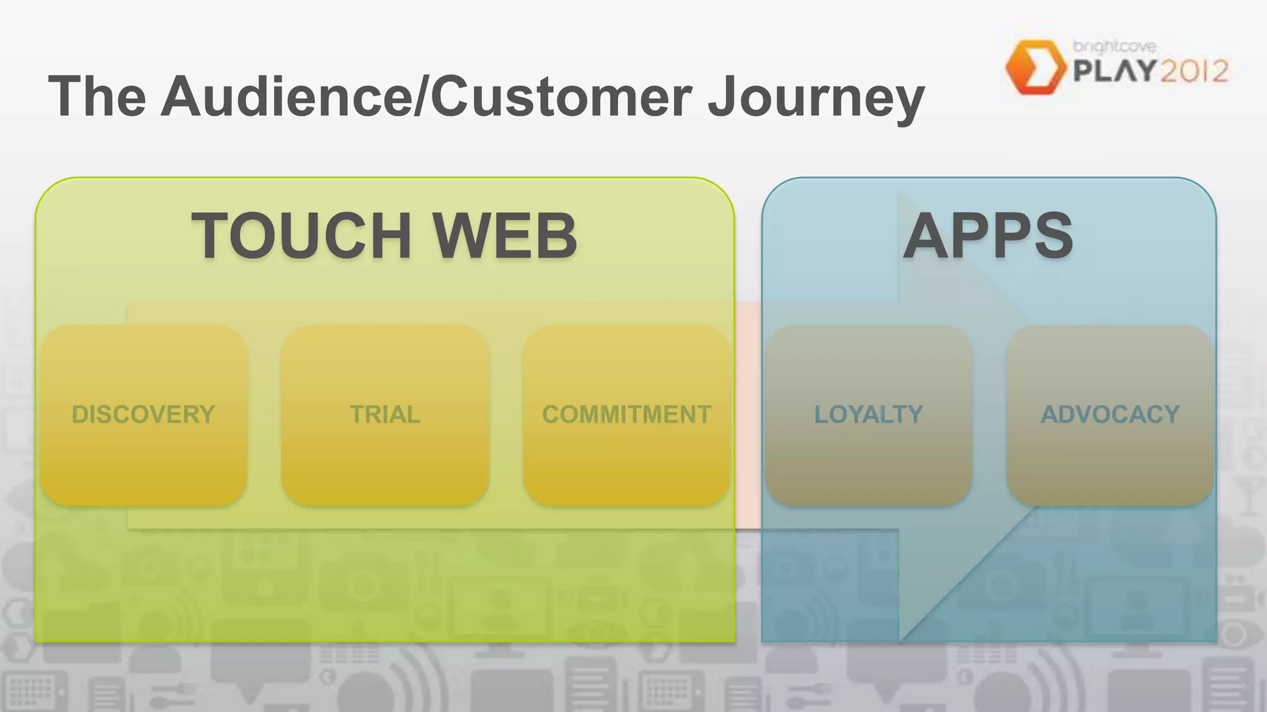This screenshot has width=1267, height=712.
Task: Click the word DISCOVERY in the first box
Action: pyautogui.click(x=143, y=414)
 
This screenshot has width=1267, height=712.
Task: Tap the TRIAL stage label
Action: pyautogui.click(x=385, y=414)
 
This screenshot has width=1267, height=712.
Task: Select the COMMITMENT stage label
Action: pyautogui.click(x=626, y=414)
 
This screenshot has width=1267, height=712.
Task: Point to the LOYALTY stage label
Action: pyautogui.click(x=868, y=414)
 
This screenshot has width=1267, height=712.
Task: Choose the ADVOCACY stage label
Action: pyautogui.click(x=1110, y=414)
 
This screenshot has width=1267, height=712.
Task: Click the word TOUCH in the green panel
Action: pyautogui.click(x=302, y=235)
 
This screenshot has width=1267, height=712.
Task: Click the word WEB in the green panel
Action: pyautogui.click(x=504, y=235)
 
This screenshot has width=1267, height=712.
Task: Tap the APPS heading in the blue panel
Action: pyautogui.click(x=988, y=235)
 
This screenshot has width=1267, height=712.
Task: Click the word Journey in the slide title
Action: pyautogui.click(x=815, y=96)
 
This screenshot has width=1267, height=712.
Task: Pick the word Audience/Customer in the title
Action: pyautogui.click(x=427, y=96)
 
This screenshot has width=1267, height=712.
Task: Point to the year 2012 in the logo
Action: pyautogui.click(x=1193, y=72)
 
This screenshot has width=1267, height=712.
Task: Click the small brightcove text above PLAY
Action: pyautogui.click(x=1114, y=46)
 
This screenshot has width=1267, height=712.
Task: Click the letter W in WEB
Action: pyautogui.click(x=465, y=235)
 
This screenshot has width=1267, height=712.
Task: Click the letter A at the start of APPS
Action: pyautogui.click(x=926, y=235)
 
